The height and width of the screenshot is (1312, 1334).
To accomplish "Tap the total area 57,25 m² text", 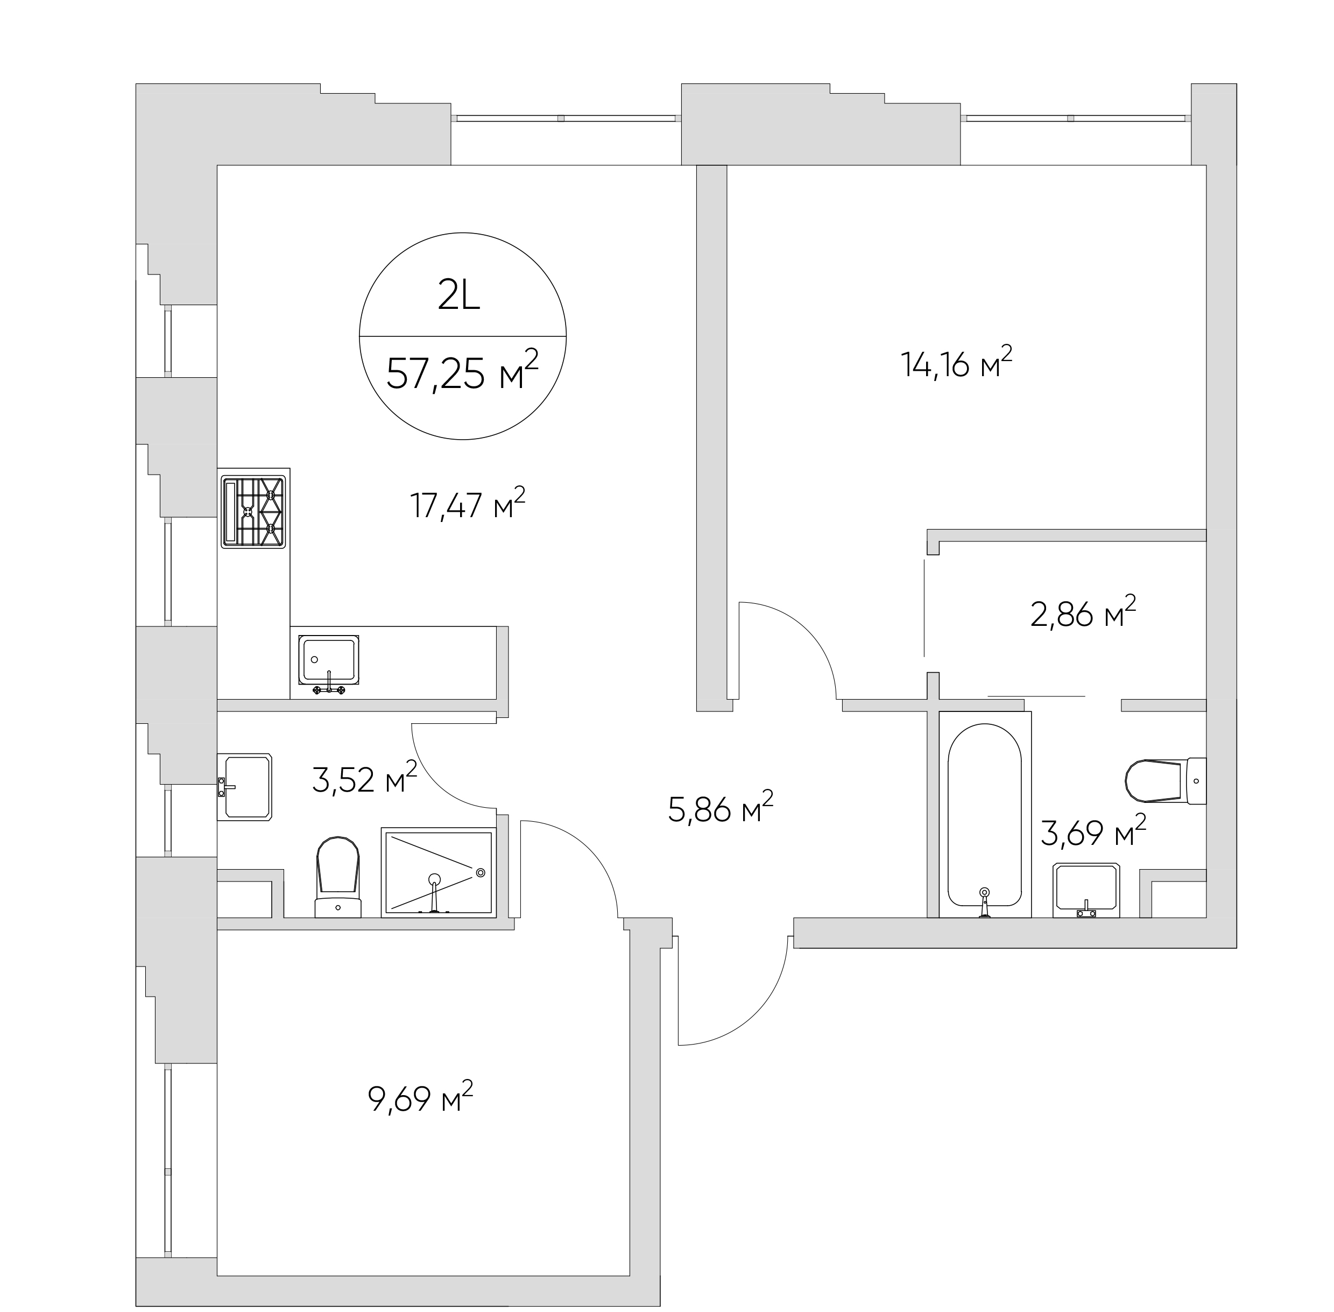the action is click(x=462, y=372).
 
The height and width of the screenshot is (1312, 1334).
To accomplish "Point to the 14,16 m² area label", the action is click(x=956, y=363).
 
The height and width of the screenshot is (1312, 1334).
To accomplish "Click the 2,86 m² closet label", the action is click(x=1083, y=612).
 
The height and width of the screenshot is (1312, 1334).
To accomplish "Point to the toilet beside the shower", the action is click(x=337, y=877).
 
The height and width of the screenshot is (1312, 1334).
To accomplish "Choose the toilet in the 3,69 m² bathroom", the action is click(x=1165, y=781).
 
